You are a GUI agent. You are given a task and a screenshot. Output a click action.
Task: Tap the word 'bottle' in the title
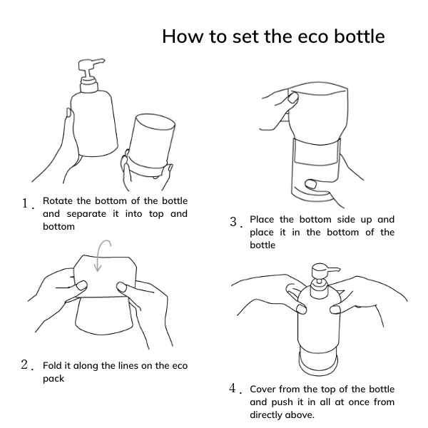(x=360, y=36)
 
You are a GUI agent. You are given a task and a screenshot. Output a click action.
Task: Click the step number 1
(x=26, y=203)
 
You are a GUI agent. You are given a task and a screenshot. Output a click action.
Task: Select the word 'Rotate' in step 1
(x=58, y=201)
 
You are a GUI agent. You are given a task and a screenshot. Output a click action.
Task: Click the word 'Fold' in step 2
(x=52, y=365)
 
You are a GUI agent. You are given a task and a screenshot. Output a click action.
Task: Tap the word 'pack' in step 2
(x=53, y=379)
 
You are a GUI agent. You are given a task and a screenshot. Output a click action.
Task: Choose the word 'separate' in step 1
(x=86, y=214)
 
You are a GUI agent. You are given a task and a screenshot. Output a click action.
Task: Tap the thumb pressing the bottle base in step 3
(x=311, y=184)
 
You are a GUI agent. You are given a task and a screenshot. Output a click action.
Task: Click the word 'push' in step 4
(x=282, y=402)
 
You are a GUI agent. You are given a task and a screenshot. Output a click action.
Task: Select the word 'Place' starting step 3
(x=261, y=220)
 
